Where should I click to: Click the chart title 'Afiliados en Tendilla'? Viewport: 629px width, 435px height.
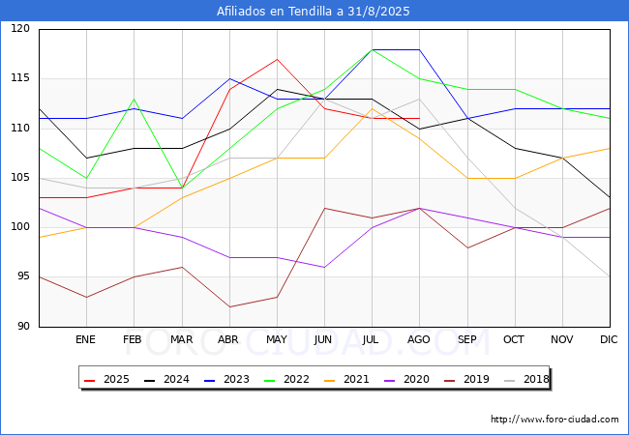(314, 12)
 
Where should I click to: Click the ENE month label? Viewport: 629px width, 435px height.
(86, 340)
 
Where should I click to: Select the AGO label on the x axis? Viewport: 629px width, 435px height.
(419, 340)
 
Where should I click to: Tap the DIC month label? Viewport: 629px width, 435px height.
(609, 340)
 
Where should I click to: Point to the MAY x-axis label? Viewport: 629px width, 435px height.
(277, 340)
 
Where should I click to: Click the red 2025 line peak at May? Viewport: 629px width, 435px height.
(277, 60)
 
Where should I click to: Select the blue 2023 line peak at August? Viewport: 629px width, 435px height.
(419, 49)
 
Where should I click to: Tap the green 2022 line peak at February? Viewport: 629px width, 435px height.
(134, 100)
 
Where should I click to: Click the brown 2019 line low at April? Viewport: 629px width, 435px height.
(228, 307)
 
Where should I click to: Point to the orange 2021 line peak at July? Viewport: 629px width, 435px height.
(372, 108)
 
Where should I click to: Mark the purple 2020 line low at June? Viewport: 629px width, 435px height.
(324, 267)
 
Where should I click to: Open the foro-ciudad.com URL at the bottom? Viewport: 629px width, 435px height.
(554, 420)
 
